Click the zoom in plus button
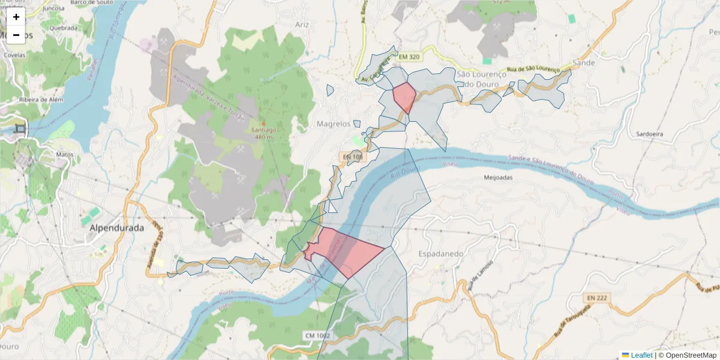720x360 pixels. [16, 17]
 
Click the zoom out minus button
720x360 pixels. [16, 35]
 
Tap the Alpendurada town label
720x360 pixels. [116, 228]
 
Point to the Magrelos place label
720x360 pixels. [333, 124]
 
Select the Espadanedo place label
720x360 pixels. [442, 254]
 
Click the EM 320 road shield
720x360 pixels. [409, 57]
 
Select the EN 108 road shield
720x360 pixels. [354, 157]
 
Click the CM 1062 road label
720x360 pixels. [317, 335]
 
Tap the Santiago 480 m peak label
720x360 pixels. [264, 133]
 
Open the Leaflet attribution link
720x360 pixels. [641, 355]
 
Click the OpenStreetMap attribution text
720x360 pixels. [687, 355]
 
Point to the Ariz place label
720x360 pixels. [302, 25]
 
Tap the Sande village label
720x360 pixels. [584, 62]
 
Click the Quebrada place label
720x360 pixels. [64, 28]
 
